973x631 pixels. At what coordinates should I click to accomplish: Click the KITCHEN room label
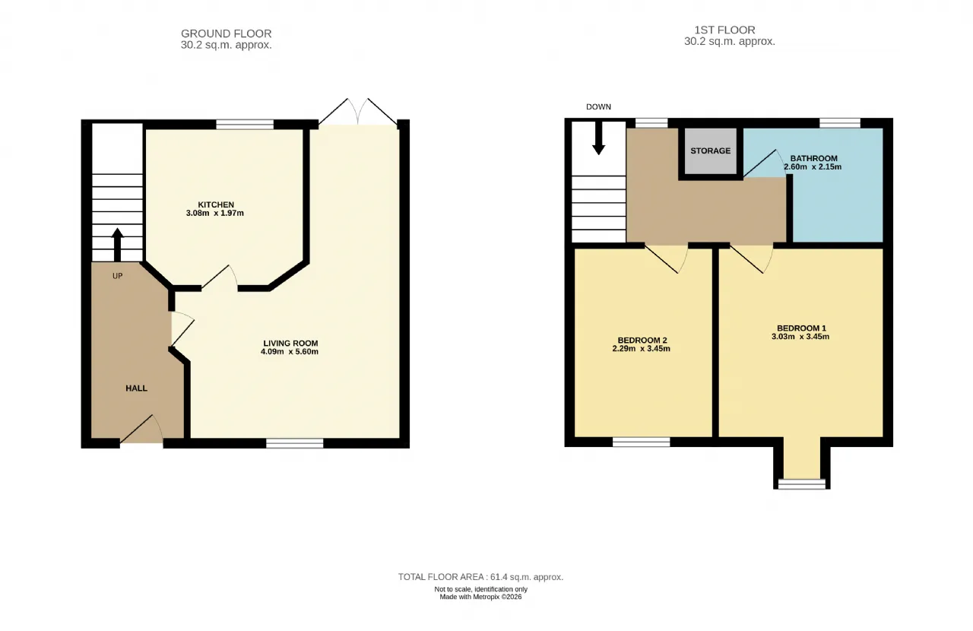[x=216, y=205]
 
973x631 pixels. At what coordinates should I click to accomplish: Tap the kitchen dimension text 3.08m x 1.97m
[x=214, y=214]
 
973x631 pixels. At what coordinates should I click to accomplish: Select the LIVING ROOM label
[x=290, y=344]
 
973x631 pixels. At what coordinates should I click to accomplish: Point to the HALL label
[x=136, y=388]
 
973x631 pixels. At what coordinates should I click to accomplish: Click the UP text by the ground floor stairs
[x=117, y=276]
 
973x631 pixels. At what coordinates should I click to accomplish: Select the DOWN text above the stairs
[x=598, y=107]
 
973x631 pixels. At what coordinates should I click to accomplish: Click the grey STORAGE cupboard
[x=711, y=151]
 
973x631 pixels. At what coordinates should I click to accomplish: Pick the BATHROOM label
[x=813, y=159]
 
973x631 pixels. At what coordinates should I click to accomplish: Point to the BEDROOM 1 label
[x=801, y=328]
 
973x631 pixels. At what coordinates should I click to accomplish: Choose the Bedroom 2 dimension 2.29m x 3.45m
[x=641, y=348]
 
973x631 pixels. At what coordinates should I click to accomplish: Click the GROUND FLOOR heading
[x=227, y=33]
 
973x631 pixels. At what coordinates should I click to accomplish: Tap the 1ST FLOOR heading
[x=724, y=30]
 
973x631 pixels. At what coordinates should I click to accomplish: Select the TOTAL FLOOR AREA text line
[x=481, y=577]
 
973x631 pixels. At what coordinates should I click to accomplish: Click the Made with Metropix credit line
[x=480, y=597]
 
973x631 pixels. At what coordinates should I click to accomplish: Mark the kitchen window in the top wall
[x=245, y=125]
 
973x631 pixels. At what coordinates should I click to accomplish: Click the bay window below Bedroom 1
[x=801, y=484]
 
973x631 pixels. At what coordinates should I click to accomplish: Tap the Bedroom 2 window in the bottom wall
[x=641, y=442]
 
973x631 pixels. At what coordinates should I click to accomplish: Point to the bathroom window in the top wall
[x=840, y=123]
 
